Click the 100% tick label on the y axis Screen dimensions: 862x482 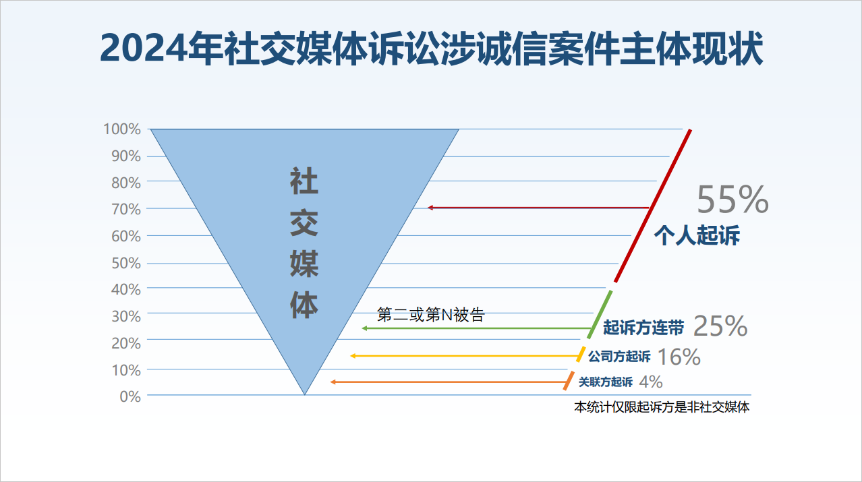pyautogui.click(x=121, y=129)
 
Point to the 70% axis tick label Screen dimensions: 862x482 pyautogui.click(x=126, y=210)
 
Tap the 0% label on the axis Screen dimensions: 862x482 pyautogui.click(x=130, y=396)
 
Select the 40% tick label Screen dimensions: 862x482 pyautogui.click(x=126, y=289)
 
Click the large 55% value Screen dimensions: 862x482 pyautogui.click(x=732, y=200)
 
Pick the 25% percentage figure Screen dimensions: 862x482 pyautogui.click(x=720, y=326)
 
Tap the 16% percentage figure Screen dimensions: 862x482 pyautogui.click(x=679, y=357)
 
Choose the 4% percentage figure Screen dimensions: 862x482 pyautogui.click(x=651, y=382)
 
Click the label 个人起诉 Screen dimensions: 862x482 pyautogui.click(x=697, y=235)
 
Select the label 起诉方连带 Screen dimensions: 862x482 pyautogui.click(x=643, y=328)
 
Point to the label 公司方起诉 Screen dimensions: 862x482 pyautogui.click(x=619, y=356)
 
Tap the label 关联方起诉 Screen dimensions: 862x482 pyautogui.click(x=606, y=382)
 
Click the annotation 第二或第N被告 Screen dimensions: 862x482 pyautogui.click(x=430, y=315)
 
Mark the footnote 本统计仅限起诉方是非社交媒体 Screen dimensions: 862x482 pyautogui.click(x=662, y=407)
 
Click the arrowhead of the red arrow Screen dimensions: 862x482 pyautogui.click(x=430, y=208)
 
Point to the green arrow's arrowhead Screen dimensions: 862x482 pyautogui.click(x=364, y=328)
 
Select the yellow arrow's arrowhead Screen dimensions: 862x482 pyautogui.click(x=352, y=356)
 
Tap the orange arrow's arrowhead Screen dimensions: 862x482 pyautogui.click(x=333, y=382)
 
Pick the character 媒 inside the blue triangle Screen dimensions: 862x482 pyautogui.click(x=304, y=264)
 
